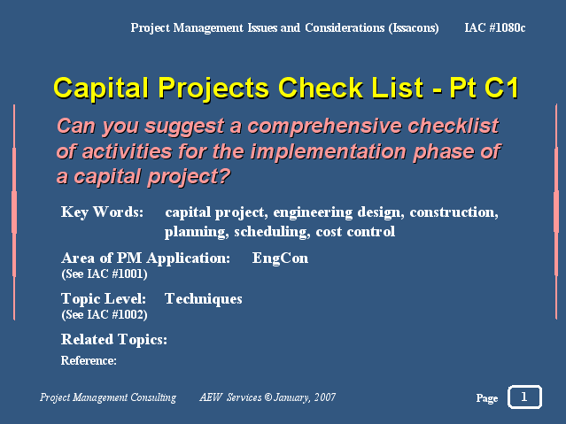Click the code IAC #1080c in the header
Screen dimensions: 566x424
point(495,27)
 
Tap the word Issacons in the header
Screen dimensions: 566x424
point(414,27)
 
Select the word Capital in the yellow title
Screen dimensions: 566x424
point(101,88)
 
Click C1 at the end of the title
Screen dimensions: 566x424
point(501,87)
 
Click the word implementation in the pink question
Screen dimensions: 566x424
point(328,151)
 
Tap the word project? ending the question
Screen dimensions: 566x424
point(189,177)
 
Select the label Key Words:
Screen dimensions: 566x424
point(102,212)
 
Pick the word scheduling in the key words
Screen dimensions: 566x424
point(270,232)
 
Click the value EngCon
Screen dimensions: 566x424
point(280,258)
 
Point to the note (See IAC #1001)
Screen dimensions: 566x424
point(105,274)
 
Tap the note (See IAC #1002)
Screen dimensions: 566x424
point(105,314)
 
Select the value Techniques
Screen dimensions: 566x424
point(203,299)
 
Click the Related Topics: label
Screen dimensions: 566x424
point(114,340)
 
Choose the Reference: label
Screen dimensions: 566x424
point(89,360)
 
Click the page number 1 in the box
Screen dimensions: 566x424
point(524,397)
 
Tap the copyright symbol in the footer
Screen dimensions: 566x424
point(267,397)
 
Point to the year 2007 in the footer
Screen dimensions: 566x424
point(324,397)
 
